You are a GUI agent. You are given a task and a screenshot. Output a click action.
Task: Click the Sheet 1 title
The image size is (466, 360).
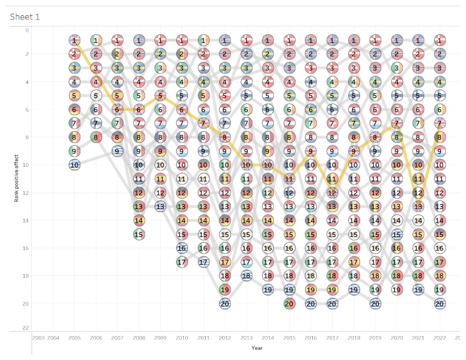tap(25, 17)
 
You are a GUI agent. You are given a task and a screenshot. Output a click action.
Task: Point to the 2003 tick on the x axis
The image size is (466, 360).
tap(39, 338)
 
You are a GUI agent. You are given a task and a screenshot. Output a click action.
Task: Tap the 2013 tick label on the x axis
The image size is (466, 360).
tap(247, 338)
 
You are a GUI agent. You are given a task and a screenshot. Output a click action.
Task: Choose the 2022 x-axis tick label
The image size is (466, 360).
tap(439, 338)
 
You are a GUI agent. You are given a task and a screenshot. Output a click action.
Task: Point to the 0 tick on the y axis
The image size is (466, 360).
tap(27, 30)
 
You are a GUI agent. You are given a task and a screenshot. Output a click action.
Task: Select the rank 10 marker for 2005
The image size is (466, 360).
tap(75, 165)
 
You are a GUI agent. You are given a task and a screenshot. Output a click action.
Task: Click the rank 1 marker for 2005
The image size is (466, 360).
tap(75, 40)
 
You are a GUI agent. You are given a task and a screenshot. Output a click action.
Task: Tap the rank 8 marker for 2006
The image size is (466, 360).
tap(96, 137)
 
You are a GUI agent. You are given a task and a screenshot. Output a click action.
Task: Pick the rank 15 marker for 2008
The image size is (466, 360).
tap(139, 234)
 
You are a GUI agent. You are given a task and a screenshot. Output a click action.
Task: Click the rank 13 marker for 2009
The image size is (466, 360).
tap(161, 206)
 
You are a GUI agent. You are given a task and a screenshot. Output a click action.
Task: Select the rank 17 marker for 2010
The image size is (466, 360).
tap(182, 262)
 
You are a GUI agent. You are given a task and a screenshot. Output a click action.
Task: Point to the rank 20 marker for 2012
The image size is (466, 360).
tap(225, 304)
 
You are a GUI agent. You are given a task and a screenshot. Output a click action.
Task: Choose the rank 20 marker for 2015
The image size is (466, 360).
tap(289, 304)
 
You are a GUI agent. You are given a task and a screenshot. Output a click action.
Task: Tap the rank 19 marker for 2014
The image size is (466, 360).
tap(268, 289)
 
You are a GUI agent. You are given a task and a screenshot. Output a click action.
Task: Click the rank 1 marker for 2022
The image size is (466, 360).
tap(439, 40)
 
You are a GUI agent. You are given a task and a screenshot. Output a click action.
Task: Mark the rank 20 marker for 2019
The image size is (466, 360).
tap(375, 304)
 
